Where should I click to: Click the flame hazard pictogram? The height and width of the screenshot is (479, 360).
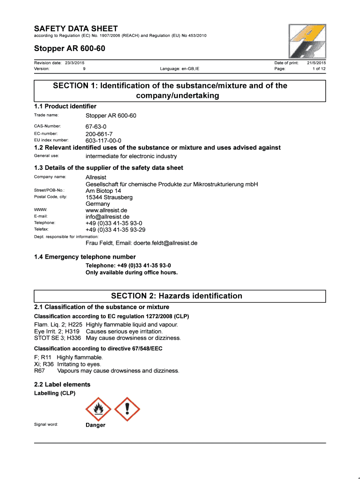pyautogui.click(x=98, y=409)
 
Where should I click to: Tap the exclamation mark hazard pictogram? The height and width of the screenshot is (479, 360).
pyautogui.click(x=127, y=409)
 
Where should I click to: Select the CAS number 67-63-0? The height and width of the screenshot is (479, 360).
pyautogui.click(x=96, y=127)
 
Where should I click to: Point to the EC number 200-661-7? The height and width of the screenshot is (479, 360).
pyautogui.click(x=99, y=134)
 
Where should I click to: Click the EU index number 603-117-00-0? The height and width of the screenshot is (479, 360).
pyautogui.click(x=103, y=140)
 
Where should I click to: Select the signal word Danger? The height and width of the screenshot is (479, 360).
pyautogui.click(x=95, y=425)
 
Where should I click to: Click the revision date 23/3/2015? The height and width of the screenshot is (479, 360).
pyautogui.click(x=73, y=63)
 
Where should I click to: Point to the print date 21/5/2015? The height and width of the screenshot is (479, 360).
pyautogui.click(x=317, y=63)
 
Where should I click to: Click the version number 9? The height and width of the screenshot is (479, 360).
pyautogui.click(x=84, y=69)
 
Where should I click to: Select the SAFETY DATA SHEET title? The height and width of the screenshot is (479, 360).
pyautogui.click(x=76, y=29)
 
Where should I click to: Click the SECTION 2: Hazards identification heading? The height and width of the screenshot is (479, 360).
pyautogui.click(x=177, y=296)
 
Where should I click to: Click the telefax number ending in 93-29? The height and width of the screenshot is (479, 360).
pyautogui.click(x=115, y=230)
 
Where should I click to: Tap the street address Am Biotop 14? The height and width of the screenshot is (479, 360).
pyautogui.click(x=103, y=190)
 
